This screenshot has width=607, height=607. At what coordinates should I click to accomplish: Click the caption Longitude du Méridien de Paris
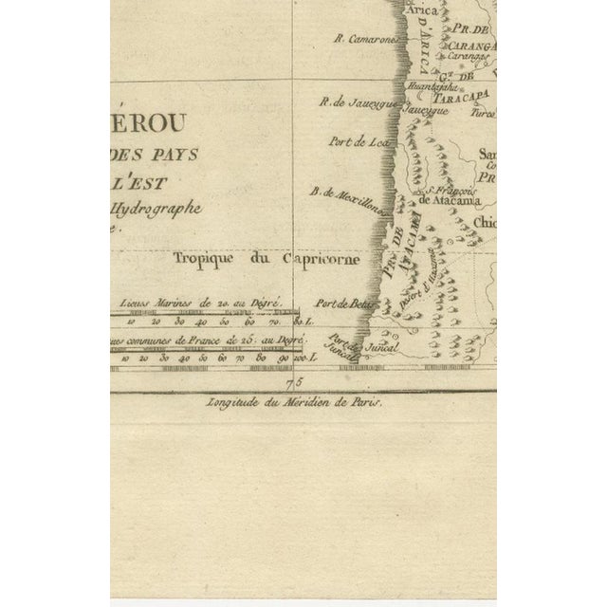coord(292,401)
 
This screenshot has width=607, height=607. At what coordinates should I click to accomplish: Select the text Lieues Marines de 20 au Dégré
coord(212,301)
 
